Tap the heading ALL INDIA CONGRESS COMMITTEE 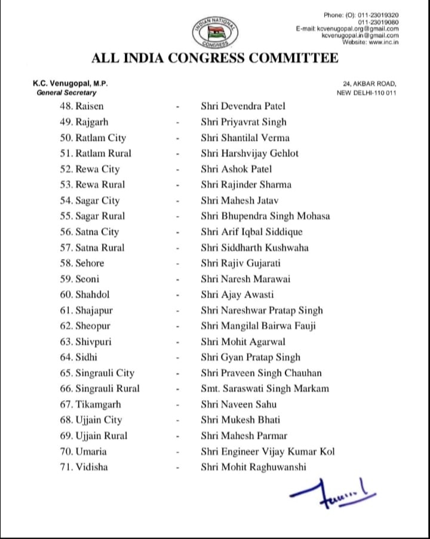pyautogui.click(x=214, y=58)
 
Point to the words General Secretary pyautogui.click(x=66, y=93)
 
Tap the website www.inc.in pyautogui.click(x=378, y=41)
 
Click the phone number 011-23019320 pyautogui.click(x=378, y=15)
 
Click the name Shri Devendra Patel pyautogui.click(x=243, y=106)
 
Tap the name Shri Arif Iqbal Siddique pyautogui.click(x=251, y=232)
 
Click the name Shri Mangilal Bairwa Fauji pyautogui.click(x=258, y=326)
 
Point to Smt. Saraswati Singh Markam pyautogui.click(x=265, y=388)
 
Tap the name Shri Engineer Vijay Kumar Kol pyautogui.click(x=268, y=451)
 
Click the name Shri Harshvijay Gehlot pyautogui.click(x=250, y=153)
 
